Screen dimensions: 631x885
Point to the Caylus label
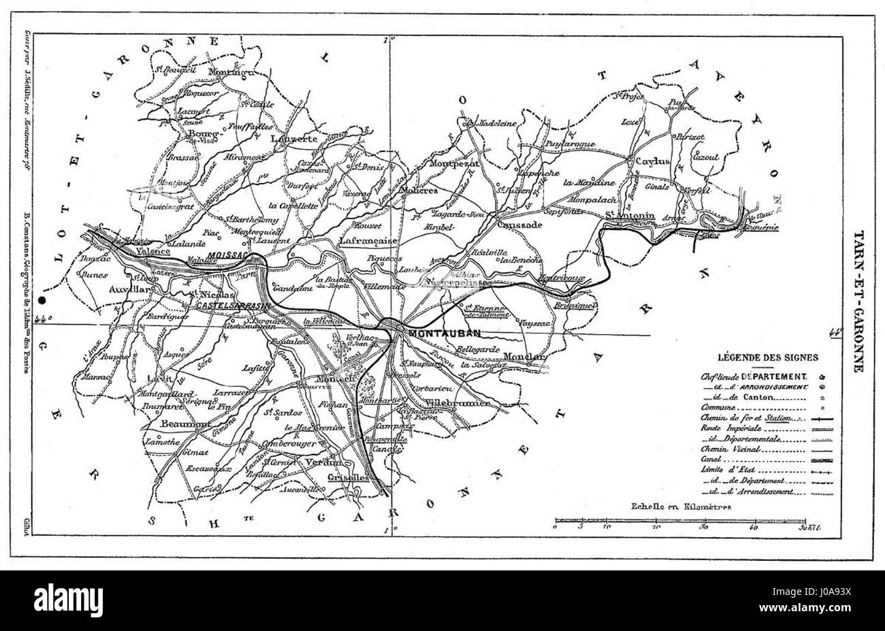[x=652, y=161]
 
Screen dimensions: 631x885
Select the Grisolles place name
[x=349, y=477]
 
